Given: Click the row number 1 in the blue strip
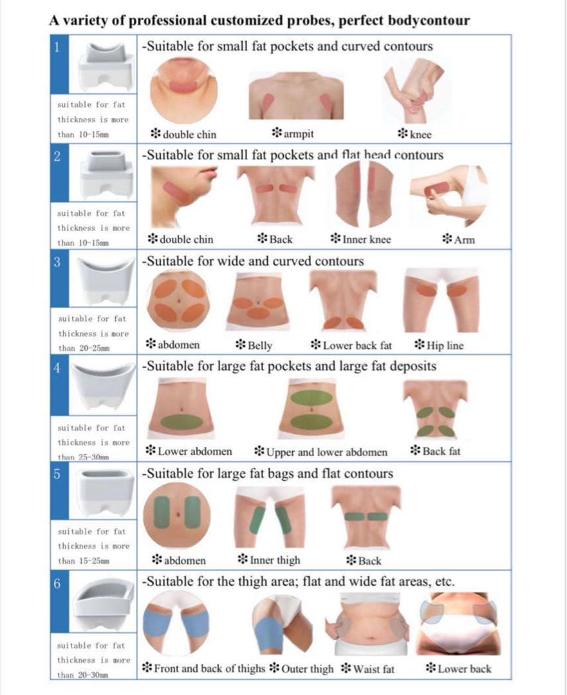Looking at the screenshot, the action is pyautogui.click(x=57, y=47).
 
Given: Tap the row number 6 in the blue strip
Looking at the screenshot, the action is pyautogui.click(x=57, y=584).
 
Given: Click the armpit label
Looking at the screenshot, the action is pyautogui.click(x=293, y=133).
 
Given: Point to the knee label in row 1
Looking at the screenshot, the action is pyautogui.click(x=414, y=134).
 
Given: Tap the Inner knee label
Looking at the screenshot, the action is pyautogui.click(x=361, y=239).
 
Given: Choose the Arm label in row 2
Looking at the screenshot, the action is pyautogui.click(x=459, y=240).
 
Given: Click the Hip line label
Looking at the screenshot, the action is pyautogui.click(x=439, y=346).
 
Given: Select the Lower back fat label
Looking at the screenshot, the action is pyautogui.click(x=351, y=346).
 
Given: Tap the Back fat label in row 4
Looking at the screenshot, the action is pyautogui.click(x=435, y=451).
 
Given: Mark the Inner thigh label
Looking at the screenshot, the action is pyautogui.click(x=269, y=560).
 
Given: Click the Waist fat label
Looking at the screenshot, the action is pyautogui.click(x=367, y=669).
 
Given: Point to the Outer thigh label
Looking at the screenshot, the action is pyautogui.click(x=301, y=669).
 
